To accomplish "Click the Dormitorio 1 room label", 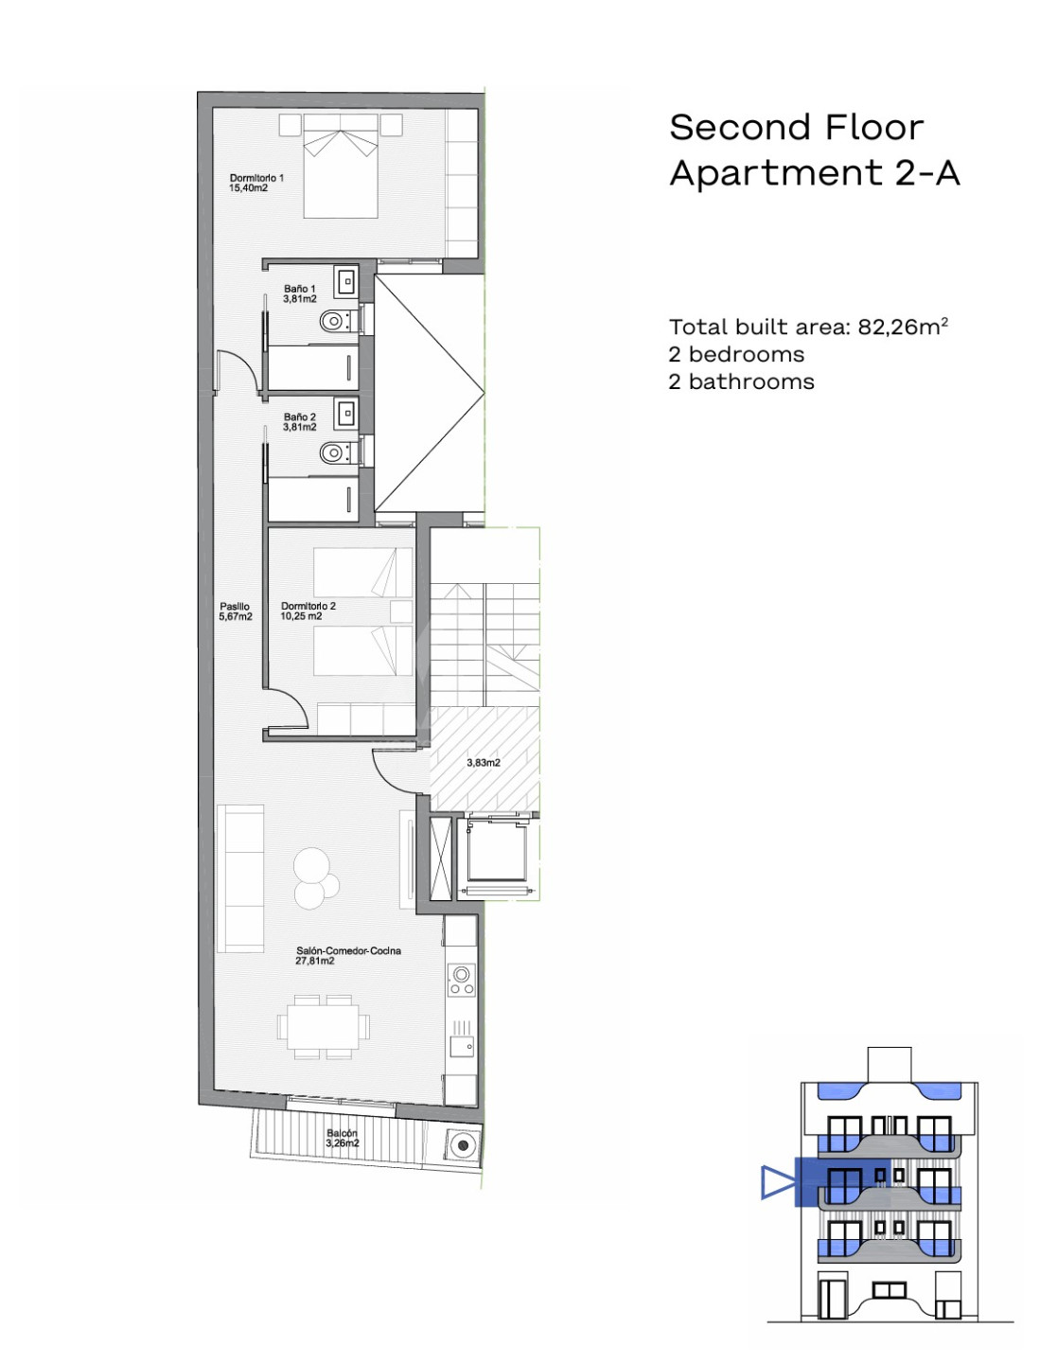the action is [x=255, y=183].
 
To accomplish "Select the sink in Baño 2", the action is [x=345, y=413].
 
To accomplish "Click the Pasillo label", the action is [x=235, y=611].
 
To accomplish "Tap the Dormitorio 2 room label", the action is [x=308, y=611].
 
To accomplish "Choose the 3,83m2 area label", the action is [x=484, y=763].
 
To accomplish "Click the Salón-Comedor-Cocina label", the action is [x=348, y=955].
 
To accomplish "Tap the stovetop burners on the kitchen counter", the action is [x=462, y=981].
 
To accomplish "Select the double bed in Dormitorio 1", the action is [x=341, y=166].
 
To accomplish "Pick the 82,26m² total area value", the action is [x=903, y=327].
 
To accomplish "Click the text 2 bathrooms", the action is [x=741, y=381].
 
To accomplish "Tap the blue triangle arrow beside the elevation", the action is [x=778, y=1181].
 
